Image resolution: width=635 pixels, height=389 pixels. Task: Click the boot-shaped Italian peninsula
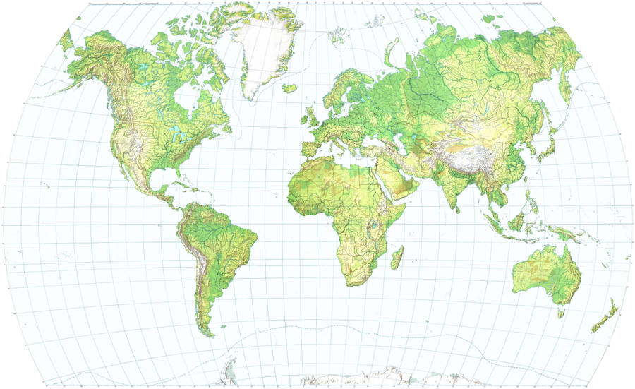pos(340,138)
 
